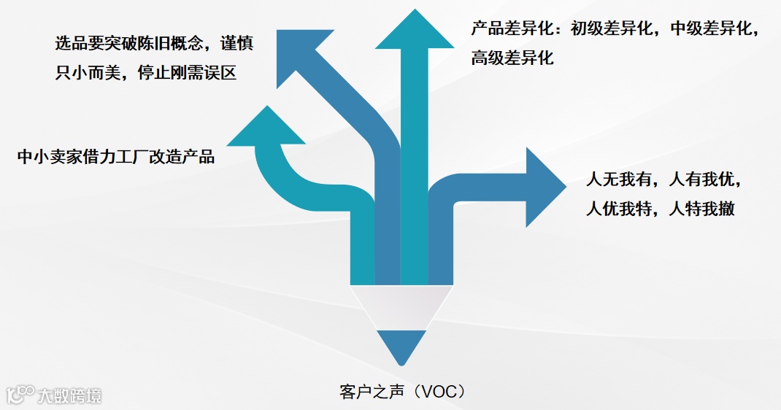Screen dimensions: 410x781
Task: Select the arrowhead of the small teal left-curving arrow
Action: click(x=266, y=128)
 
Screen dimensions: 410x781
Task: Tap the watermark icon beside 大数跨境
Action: click(x=20, y=395)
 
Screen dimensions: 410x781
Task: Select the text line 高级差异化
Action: click(x=512, y=58)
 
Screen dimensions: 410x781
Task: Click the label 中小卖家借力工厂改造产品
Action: click(x=116, y=156)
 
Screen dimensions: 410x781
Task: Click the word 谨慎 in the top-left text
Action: click(x=236, y=43)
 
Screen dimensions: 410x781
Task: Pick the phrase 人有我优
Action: click(x=705, y=179)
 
